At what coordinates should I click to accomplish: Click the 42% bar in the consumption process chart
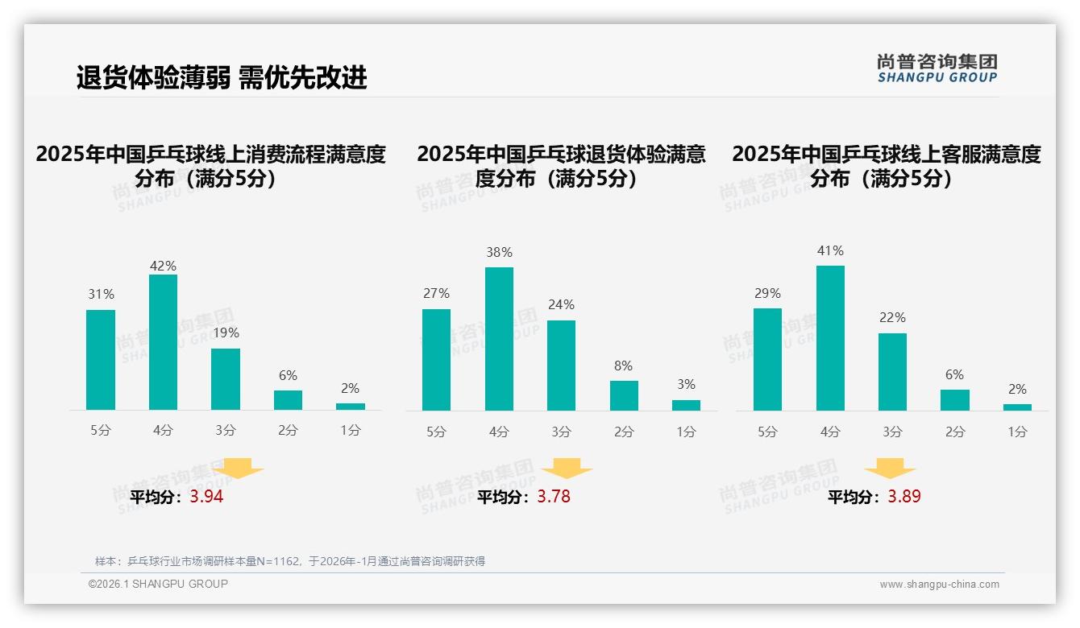click(163, 342)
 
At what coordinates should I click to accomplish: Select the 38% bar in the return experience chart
click(499, 339)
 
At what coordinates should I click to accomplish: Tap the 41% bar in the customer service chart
click(830, 338)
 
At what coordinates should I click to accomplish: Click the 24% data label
click(561, 305)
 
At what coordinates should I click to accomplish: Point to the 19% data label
click(226, 333)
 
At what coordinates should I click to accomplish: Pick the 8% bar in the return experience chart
click(624, 395)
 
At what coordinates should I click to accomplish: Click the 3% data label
click(686, 385)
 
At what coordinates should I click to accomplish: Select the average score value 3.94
click(206, 497)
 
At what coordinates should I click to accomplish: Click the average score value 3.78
click(554, 497)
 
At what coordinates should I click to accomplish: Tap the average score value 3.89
click(904, 497)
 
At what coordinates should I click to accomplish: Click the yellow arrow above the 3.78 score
click(567, 469)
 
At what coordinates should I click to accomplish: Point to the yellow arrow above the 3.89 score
click(890, 469)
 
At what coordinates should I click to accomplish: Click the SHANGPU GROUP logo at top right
click(937, 68)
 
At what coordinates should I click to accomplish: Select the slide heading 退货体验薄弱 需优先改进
click(222, 77)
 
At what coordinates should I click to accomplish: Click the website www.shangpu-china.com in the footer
click(939, 585)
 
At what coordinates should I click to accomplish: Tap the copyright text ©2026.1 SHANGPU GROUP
click(158, 584)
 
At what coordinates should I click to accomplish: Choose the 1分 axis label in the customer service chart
click(1017, 432)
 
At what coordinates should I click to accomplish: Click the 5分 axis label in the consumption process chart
click(101, 431)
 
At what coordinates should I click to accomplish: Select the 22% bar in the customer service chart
click(892, 372)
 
